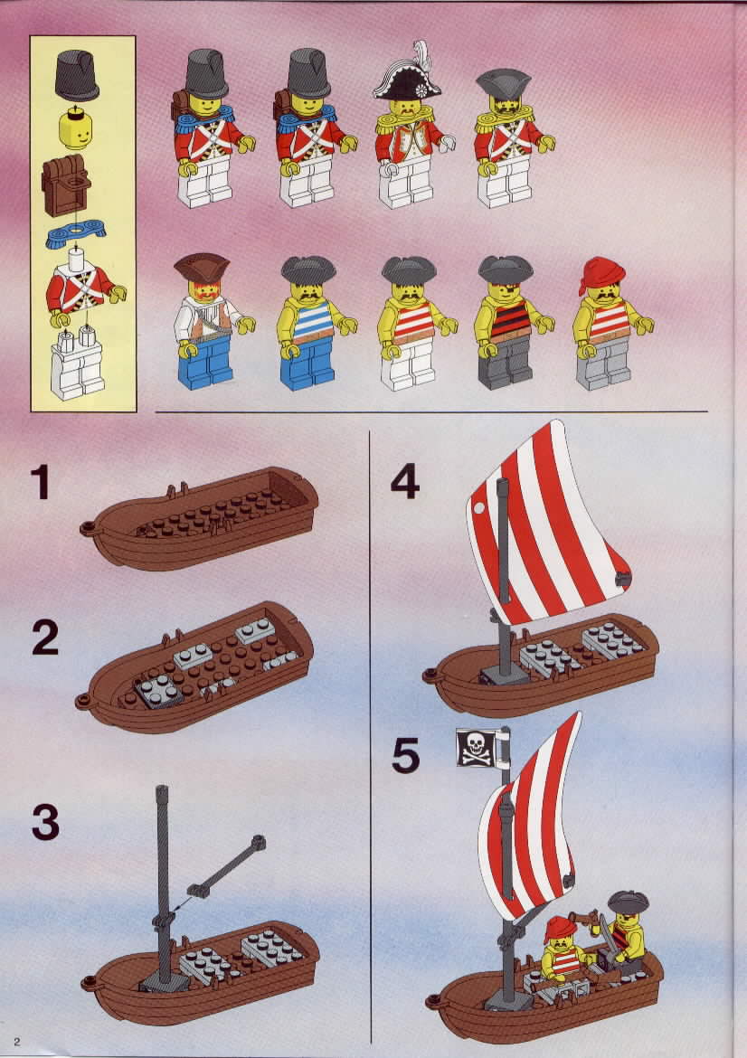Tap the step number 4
pos(405,483)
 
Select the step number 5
pos(405,756)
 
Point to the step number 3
pos(45,823)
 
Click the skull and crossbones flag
pos(478,748)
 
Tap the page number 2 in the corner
pos(17,1042)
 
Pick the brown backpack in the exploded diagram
pos(66,184)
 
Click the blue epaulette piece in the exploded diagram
pos(76,234)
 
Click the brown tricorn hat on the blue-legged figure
pos(201,267)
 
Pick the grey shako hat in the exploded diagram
pos(76,74)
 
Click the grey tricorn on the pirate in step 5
pos(629,902)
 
